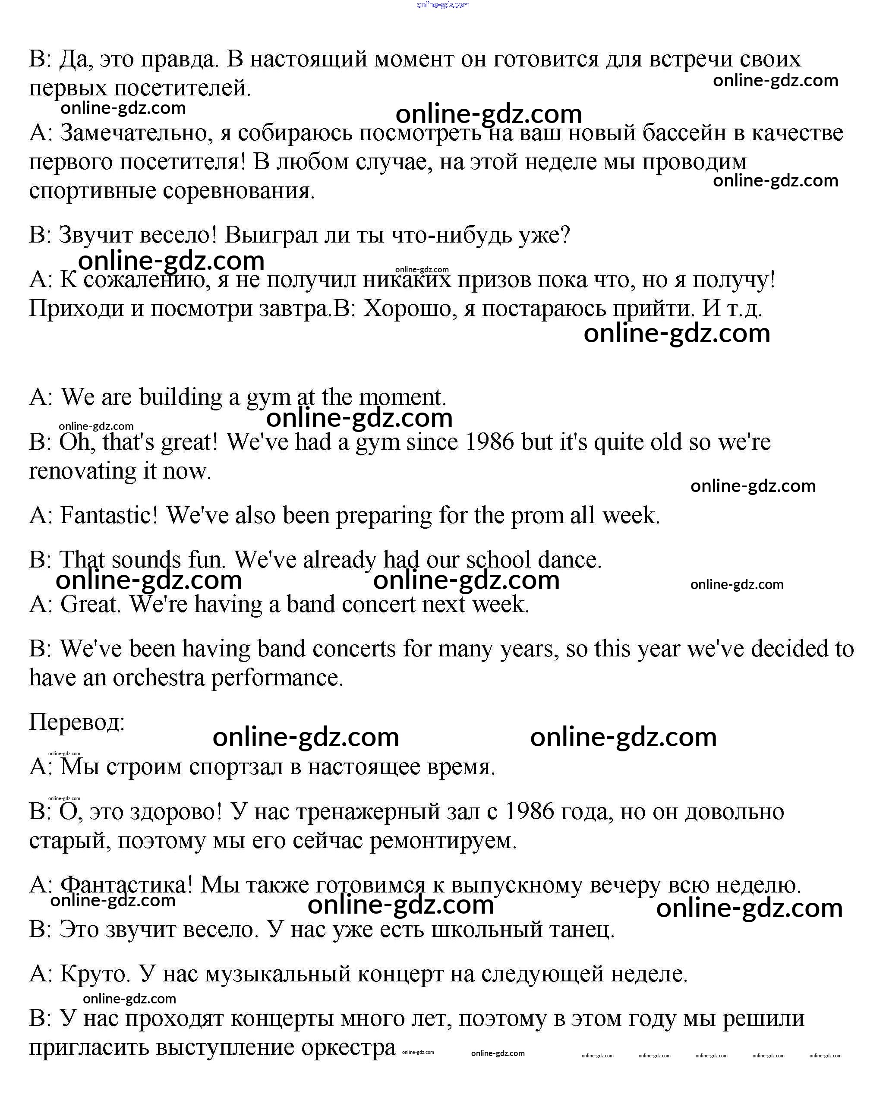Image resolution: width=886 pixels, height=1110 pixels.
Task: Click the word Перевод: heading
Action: pyautogui.click(x=77, y=722)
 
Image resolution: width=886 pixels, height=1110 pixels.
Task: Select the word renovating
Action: pyautogui.click(x=82, y=472)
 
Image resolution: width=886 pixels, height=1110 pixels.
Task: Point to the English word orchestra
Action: pyautogui.click(x=158, y=678)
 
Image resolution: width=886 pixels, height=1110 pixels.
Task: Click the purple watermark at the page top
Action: pyautogui.click(x=443, y=5)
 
